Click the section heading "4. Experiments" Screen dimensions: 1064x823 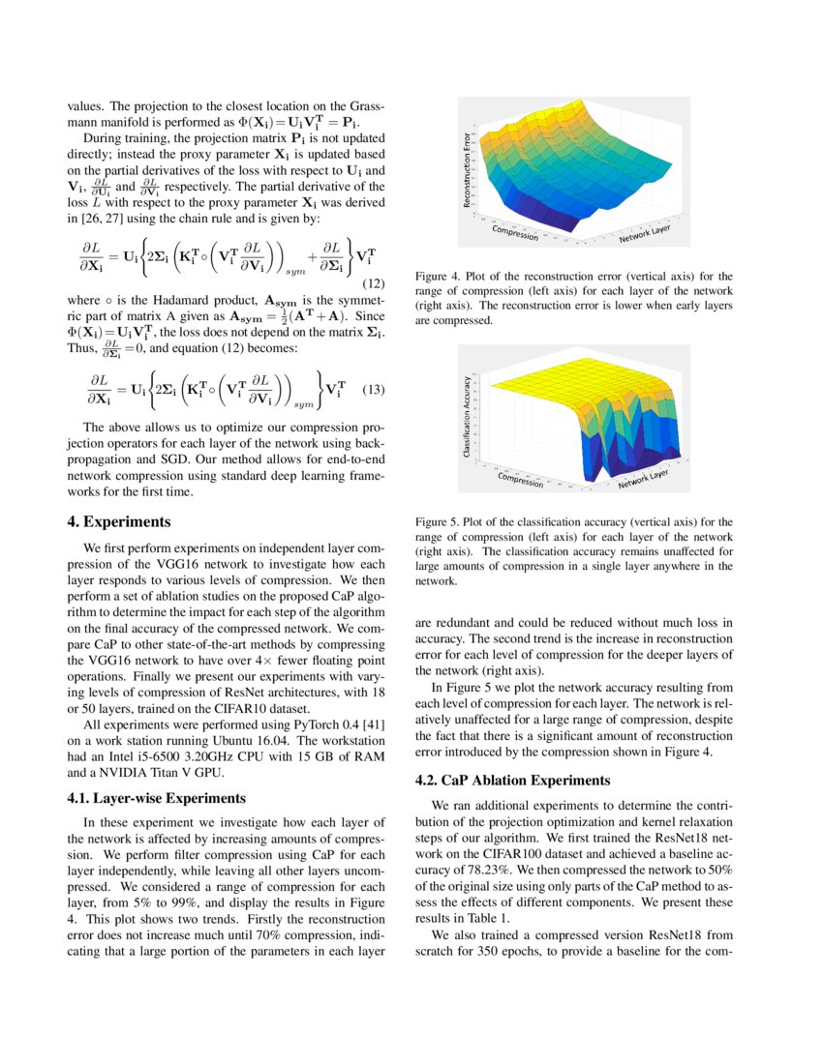pyautogui.click(x=119, y=521)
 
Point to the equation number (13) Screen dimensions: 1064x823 pyautogui.click(x=373, y=390)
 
